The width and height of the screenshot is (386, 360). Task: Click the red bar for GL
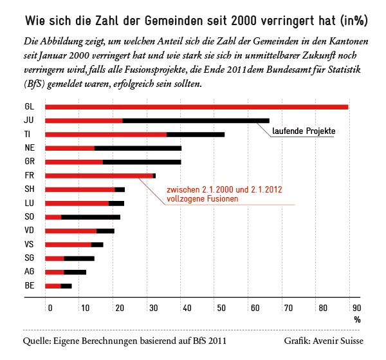coord(196,107)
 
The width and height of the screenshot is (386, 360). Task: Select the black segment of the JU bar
coord(196,120)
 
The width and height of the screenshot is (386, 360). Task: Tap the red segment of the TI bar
coord(106,135)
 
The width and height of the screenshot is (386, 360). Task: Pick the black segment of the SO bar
coord(91,217)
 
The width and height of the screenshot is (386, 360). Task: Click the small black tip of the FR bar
coord(154,176)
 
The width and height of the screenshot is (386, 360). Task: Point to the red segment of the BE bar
coord(53,286)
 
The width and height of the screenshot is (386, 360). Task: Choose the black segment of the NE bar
coord(138,148)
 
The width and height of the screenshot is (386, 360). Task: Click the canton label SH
coord(30,189)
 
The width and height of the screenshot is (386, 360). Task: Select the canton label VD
coord(30,230)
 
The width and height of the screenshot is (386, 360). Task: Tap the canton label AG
coord(30,271)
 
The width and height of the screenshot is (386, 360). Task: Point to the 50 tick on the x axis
coord(221,308)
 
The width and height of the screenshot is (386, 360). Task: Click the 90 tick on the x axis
coord(356,308)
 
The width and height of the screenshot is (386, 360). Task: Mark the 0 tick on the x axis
coord(50,308)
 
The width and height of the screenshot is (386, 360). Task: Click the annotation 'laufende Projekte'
coord(304,131)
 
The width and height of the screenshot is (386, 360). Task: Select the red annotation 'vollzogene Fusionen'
coord(203,199)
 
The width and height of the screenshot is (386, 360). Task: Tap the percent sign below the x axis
coord(357,320)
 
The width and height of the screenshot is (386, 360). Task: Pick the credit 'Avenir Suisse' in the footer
coord(338,341)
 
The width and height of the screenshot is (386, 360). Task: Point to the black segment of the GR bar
coord(142,162)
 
